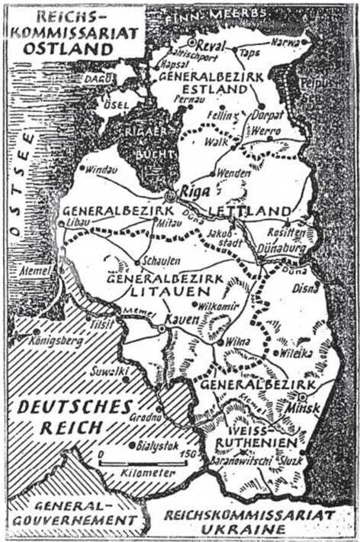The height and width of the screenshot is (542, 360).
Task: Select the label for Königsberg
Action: pos(55,343)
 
